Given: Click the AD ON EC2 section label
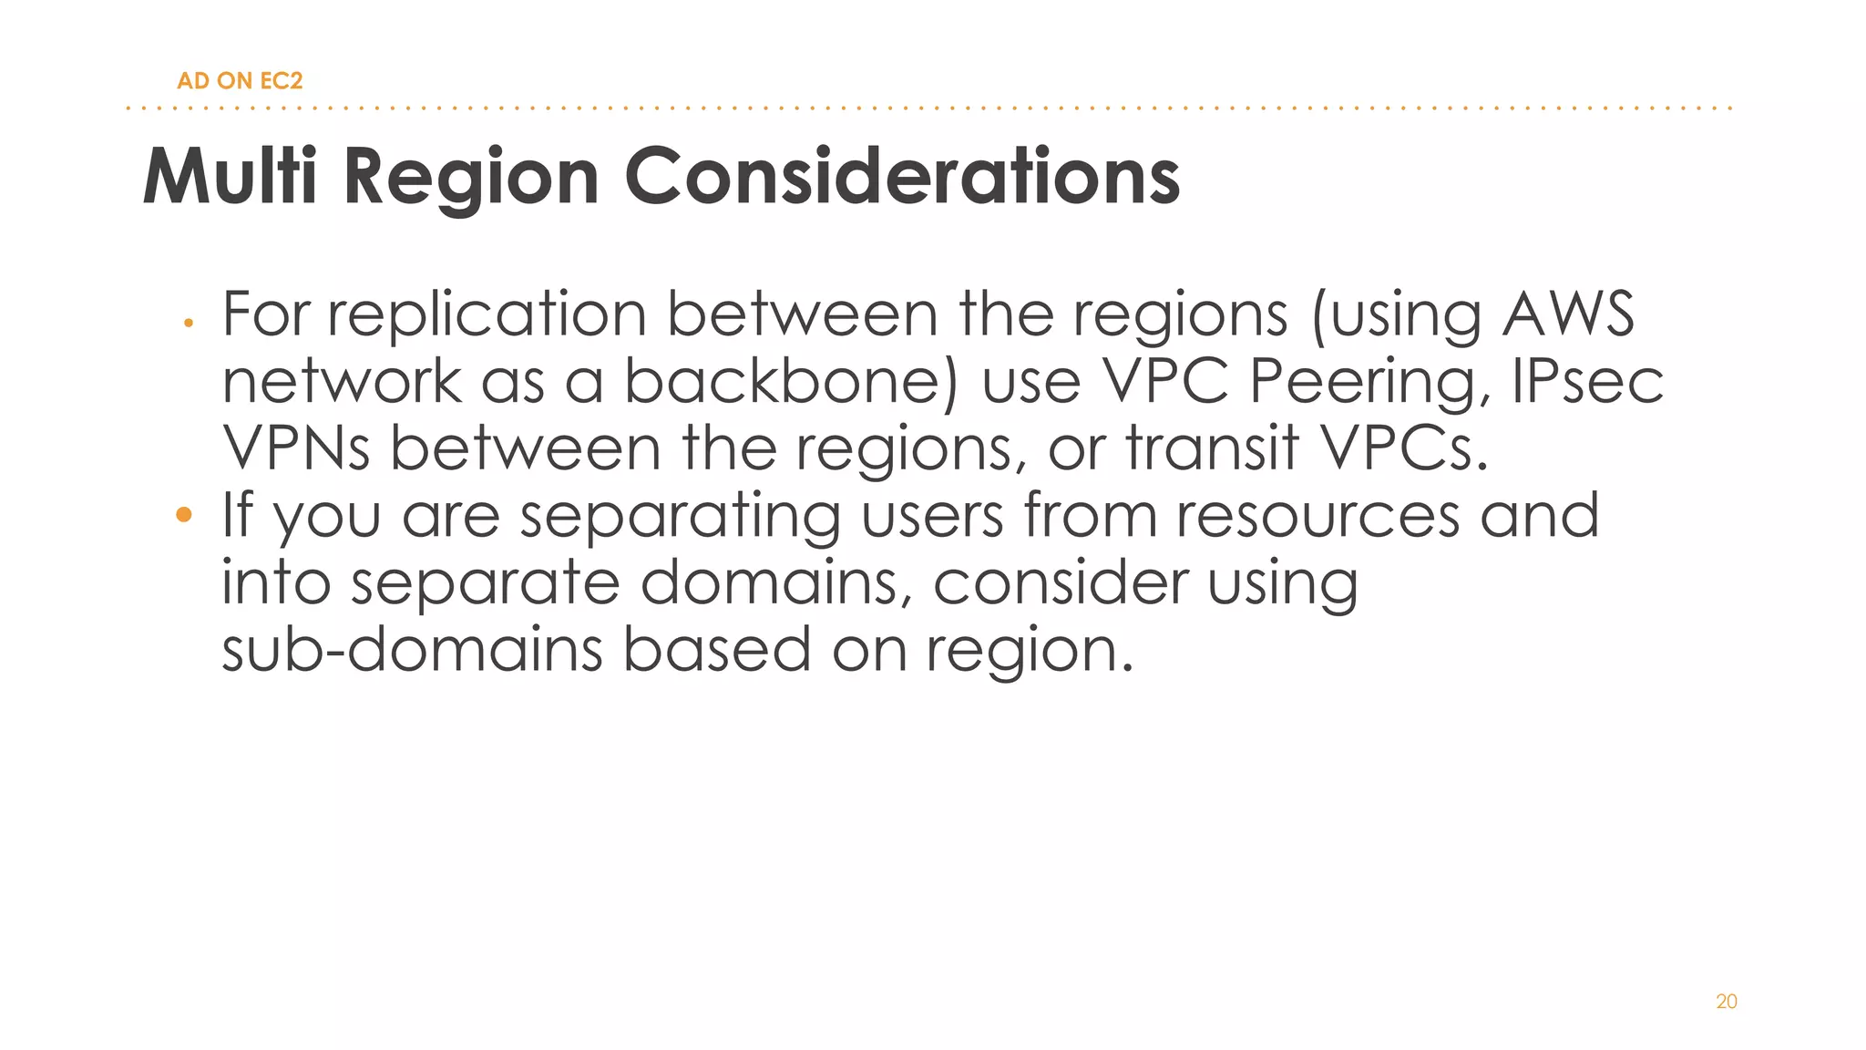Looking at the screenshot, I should [x=240, y=81].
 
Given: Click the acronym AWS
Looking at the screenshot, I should [x=1568, y=314].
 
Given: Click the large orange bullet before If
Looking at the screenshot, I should [x=184, y=515].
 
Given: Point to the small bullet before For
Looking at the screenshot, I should [x=188, y=323].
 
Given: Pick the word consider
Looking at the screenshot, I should [x=1061, y=582].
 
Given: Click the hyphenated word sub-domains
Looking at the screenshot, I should [x=413, y=650].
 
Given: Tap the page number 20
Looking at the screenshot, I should [x=1726, y=1002].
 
